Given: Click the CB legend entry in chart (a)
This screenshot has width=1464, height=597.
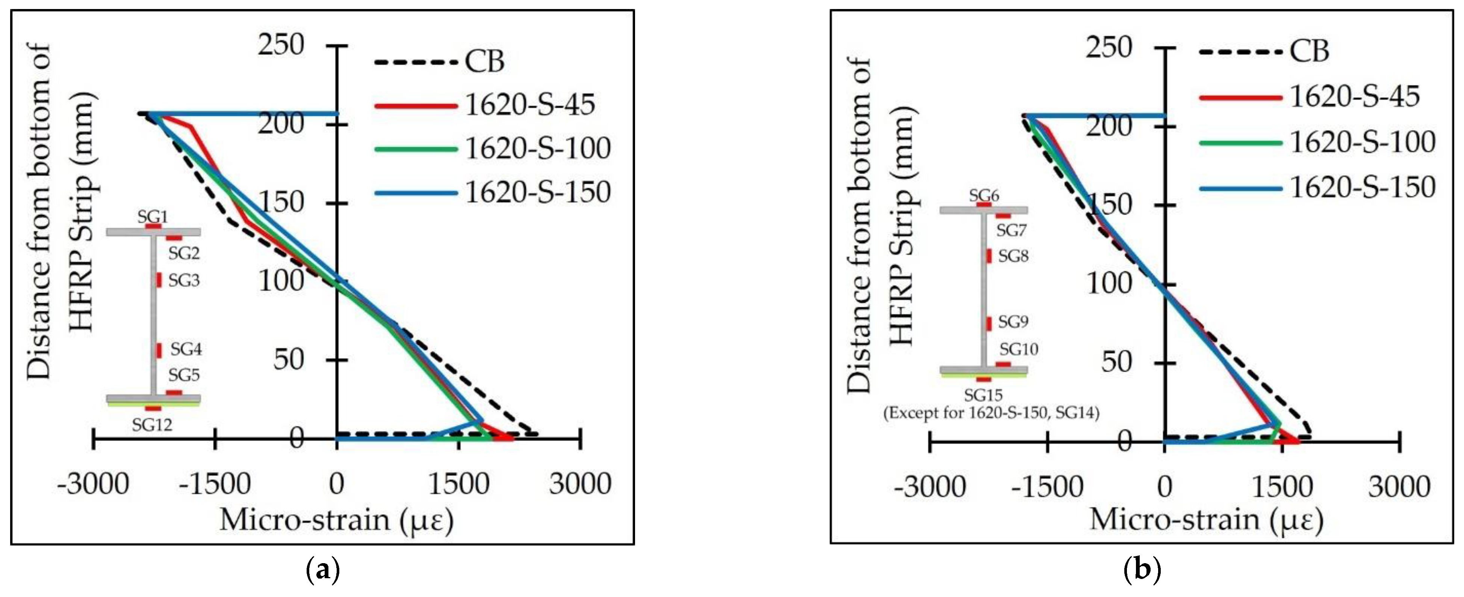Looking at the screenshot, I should (484, 61).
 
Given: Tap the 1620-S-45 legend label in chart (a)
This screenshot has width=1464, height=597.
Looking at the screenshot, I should (530, 105).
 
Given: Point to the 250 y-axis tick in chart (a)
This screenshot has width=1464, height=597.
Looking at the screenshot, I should (281, 45).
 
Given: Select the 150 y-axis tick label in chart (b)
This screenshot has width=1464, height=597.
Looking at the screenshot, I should (1109, 205).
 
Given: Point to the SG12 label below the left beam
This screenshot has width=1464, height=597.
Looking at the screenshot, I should (152, 425).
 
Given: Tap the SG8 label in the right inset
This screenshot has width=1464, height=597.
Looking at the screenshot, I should (1013, 256).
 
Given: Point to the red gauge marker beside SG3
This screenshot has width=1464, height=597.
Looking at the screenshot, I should (159, 280).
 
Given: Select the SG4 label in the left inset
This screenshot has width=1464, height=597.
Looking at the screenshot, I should (186, 349).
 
